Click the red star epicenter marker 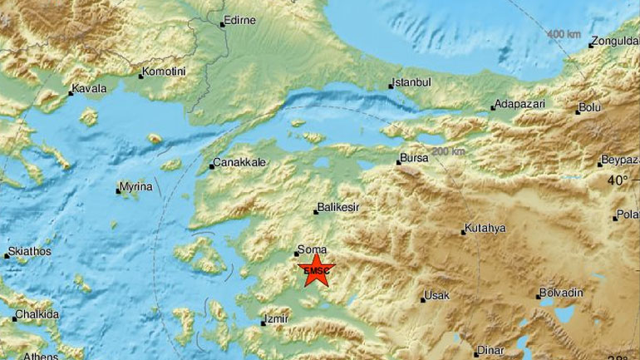pyautogui.click(x=314, y=271)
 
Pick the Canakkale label pyautogui.click(x=239, y=163)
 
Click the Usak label pyautogui.click(x=436, y=295)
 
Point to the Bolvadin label pyautogui.click(x=561, y=293)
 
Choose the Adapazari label pyautogui.click(x=518, y=105)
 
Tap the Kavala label pyautogui.click(x=89, y=88)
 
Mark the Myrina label pyautogui.click(x=135, y=188)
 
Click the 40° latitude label pyautogui.click(x=618, y=180)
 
